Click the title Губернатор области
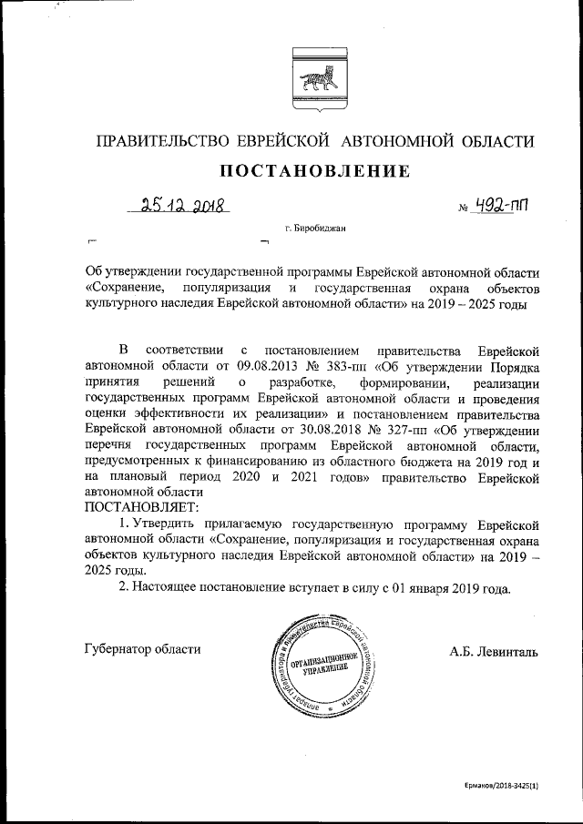[141, 649]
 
